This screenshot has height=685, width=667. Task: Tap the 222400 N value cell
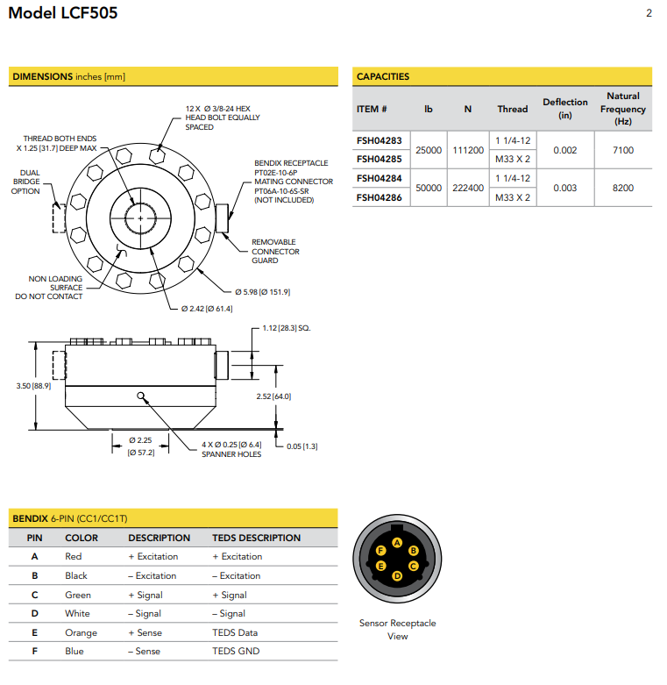click(467, 188)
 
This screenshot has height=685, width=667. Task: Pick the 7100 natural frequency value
click(622, 150)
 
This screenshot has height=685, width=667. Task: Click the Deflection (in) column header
click(564, 108)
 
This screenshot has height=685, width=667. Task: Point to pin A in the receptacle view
click(398, 543)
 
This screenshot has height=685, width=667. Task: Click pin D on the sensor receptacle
click(397, 575)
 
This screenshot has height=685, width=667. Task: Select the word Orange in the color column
click(81, 632)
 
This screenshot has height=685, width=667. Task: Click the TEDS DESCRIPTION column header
click(256, 538)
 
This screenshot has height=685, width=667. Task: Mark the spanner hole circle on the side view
click(140, 396)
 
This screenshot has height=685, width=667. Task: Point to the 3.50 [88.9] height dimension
click(32, 386)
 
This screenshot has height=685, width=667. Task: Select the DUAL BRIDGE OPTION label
click(25, 182)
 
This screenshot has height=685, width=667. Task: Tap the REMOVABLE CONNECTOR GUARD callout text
click(274, 251)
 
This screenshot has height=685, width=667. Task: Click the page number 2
click(648, 13)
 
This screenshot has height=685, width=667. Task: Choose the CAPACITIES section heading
click(383, 76)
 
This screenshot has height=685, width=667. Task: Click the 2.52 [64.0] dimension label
click(273, 396)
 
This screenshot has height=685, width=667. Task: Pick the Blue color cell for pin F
click(75, 651)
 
